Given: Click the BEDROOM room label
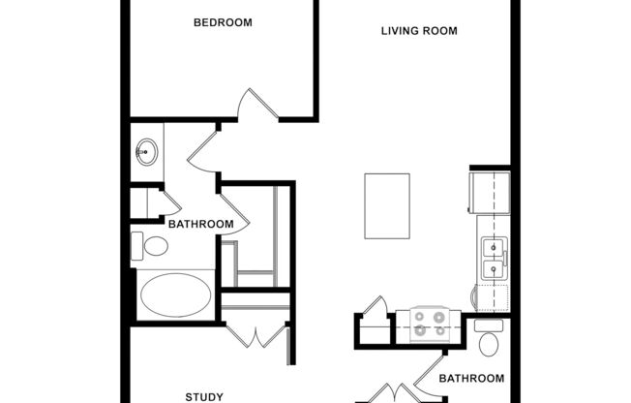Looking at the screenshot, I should (223, 22).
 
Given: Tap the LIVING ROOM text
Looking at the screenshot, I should (418, 31).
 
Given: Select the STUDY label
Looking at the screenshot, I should (204, 396).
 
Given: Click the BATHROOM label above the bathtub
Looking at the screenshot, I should (200, 225).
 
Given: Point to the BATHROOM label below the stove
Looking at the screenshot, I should (472, 378).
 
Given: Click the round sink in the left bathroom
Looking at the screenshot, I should (146, 152).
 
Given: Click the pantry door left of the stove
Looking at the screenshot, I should (374, 308).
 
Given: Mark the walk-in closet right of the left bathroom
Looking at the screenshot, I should (256, 237).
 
